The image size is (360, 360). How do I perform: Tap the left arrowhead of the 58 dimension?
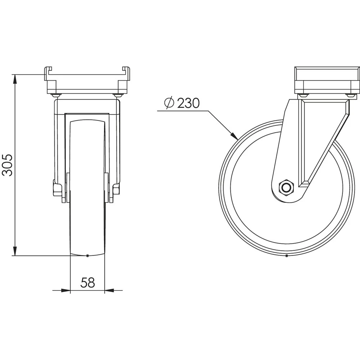coord(66,291)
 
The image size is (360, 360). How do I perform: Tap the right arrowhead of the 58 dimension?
coord(109,291)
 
